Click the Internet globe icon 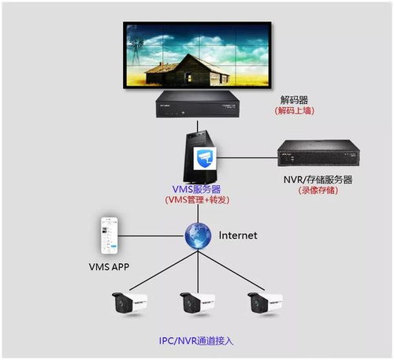click(198, 236)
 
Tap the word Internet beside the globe click(238, 236)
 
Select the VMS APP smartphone click(110, 236)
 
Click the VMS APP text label click(109, 267)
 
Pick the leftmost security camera click(129, 302)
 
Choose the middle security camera click(197, 302)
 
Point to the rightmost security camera click(265, 302)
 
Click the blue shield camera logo click(205, 158)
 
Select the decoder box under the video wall click(198, 104)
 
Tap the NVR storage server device click(318, 153)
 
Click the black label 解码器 click(294, 100)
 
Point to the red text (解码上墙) click(294, 111)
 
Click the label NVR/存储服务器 click(318, 180)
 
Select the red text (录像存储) click(318, 191)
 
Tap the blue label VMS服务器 click(196, 189)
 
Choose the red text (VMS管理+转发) click(197, 200)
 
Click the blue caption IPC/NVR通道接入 click(196, 341)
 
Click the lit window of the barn click(189, 77)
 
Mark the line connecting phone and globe click(151, 236)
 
